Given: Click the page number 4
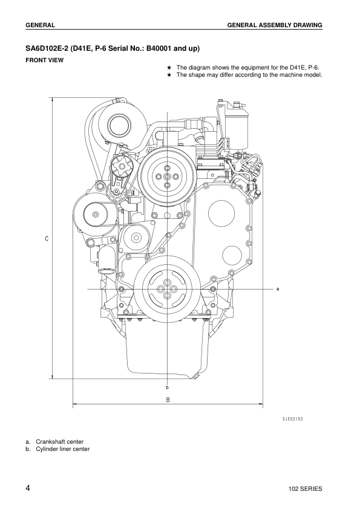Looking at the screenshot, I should (28, 487).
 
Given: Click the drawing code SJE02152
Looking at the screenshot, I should (293, 418).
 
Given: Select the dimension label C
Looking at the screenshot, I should (47, 239).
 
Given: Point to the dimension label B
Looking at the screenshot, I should (168, 400).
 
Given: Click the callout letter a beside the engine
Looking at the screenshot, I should (278, 289).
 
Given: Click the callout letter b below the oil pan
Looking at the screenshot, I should (167, 387).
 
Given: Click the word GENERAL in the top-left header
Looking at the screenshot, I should (41, 25).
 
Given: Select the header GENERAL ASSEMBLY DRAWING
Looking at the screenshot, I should (274, 25).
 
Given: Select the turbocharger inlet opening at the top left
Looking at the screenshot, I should (116, 126).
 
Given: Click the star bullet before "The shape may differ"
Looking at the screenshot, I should (170, 75).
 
